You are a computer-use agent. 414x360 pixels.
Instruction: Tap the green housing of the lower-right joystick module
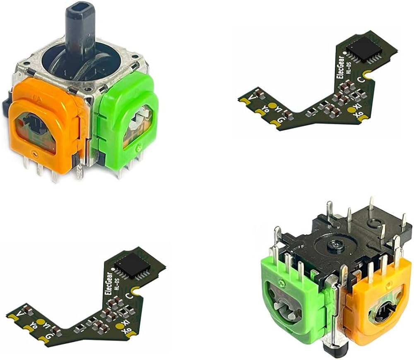pyautogui.click(x=290, y=306)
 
